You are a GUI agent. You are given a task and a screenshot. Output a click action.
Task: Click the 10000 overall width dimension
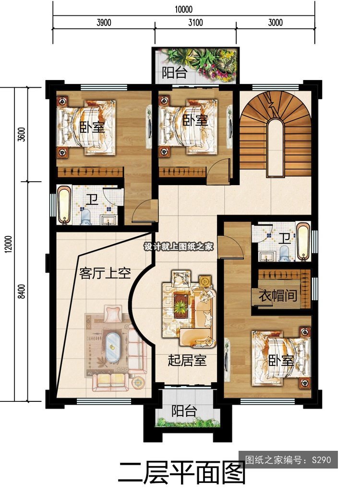coord(183,9)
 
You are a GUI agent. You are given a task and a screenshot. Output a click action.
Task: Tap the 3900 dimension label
coord(104,23)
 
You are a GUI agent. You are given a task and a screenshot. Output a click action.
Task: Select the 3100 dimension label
coord(195,23)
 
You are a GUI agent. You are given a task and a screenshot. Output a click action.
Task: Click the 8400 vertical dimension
coord(22,291)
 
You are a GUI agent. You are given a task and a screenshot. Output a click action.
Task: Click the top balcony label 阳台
coord(175,72)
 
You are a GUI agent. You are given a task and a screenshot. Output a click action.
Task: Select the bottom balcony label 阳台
coord(184,411)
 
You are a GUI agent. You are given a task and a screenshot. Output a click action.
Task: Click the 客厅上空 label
coord(105,273)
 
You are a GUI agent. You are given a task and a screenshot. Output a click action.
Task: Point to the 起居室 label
coord(187,360)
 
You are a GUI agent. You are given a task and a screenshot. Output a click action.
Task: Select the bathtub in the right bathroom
coord(303,242)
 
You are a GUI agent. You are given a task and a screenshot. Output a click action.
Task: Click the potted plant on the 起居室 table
coord(180,306)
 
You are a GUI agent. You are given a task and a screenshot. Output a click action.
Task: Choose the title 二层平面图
coord(181,473)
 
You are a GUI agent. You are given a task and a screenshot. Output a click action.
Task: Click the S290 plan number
coord(322,460)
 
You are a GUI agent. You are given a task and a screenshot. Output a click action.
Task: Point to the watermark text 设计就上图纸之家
coord(179,247)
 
